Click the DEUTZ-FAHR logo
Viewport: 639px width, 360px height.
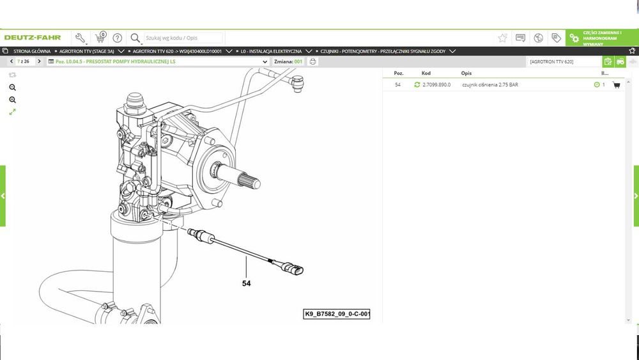click(32, 38)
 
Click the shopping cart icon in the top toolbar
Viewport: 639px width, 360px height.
click(100, 38)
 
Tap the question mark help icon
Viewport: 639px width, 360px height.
click(118, 38)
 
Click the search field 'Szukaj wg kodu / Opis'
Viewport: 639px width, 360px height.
click(183, 38)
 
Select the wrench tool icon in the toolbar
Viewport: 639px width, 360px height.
click(81, 38)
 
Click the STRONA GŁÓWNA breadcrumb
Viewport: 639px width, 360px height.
click(32, 51)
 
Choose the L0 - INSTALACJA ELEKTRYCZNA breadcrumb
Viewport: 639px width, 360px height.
click(271, 51)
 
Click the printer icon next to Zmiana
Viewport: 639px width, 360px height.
click(312, 61)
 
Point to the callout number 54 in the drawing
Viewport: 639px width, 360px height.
click(246, 283)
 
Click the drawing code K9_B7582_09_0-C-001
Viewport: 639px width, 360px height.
click(337, 314)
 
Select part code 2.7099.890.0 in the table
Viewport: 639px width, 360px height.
click(436, 85)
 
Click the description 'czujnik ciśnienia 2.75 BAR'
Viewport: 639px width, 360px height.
click(490, 85)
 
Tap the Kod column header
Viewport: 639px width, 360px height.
click(426, 74)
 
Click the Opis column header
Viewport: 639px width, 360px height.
click(466, 74)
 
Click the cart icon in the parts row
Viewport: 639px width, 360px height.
click(616, 85)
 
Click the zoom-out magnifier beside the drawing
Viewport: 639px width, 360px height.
click(13, 87)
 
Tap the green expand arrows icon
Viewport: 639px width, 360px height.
click(13, 112)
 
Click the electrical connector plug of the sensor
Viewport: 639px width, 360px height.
click(292, 269)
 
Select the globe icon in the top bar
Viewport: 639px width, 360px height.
click(538, 38)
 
